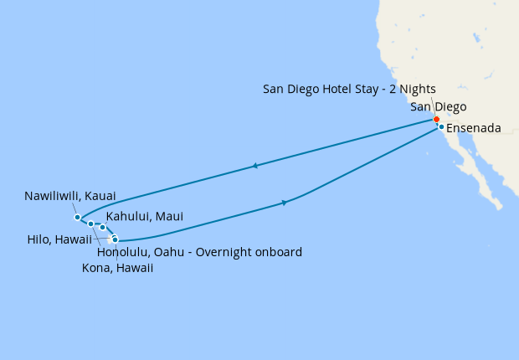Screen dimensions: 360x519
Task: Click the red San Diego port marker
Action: tap(436, 119)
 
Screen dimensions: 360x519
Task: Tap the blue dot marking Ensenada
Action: tap(441, 127)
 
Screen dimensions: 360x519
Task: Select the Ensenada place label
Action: tap(474, 128)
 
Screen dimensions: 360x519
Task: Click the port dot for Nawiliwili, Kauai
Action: tap(78, 218)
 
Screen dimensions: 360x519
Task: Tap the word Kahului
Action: tap(128, 217)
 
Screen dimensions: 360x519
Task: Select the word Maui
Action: tap(168, 217)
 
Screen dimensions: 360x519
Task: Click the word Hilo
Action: tap(39, 237)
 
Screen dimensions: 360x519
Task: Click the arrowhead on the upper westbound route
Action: tap(254, 166)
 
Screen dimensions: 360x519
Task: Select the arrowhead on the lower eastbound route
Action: tap(285, 203)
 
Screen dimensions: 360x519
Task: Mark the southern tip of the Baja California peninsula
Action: tap(500, 207)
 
